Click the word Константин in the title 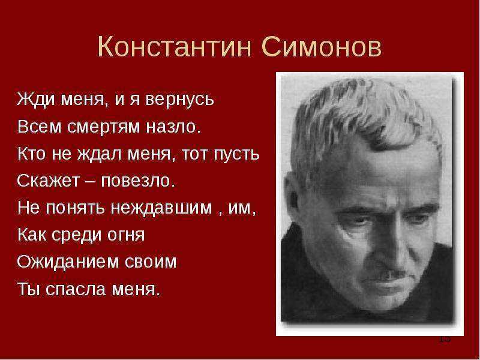[175, 47]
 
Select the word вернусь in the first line [179, 100]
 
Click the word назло [173, 127]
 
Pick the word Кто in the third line [32, 154]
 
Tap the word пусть [236, 154]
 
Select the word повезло [138, 181]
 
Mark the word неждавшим [161, 208]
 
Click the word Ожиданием [68, 262]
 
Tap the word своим [151, 262]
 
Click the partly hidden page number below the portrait [445, 339]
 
